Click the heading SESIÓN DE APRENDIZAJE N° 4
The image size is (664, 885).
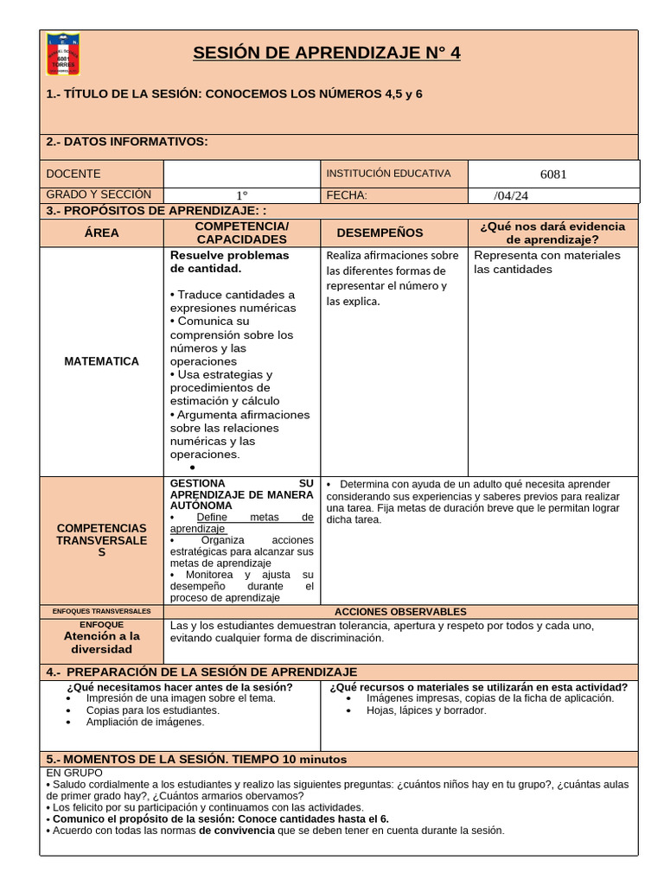click(x=326, y=54)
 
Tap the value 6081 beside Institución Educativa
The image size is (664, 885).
click(x=553, y=174)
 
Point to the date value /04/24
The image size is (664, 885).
click(x=511, y=195)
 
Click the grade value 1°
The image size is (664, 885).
click(x=242, y=195)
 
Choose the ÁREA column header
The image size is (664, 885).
click(x=102, y=232)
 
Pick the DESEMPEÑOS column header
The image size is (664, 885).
click(x=380, y=232)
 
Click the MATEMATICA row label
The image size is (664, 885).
click(x=102, y=361)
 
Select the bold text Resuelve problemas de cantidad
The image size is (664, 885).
click(x=229, y=262)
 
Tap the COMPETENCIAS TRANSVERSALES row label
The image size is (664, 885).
click(x=102, y=540)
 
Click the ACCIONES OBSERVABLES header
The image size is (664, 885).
click(x=400, y=611)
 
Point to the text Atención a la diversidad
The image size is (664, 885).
click(x=102, y=642)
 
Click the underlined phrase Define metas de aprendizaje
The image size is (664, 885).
click(x=242, y=522)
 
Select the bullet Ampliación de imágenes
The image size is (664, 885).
click(x=145, y=722)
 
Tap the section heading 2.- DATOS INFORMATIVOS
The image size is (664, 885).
click(x=126, y=142)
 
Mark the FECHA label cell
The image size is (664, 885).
click(x=347, y=195)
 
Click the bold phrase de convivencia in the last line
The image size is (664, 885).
click(x=236, y=831)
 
